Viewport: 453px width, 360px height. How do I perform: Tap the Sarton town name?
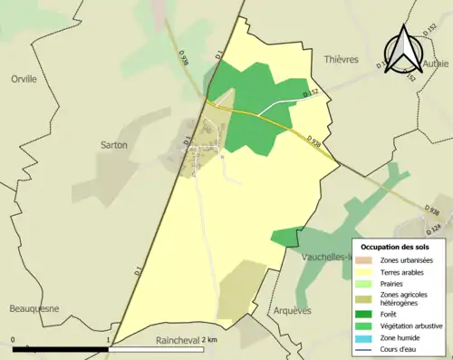pyautogui.click(x=113, y=144)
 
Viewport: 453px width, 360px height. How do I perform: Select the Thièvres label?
pyautogui.click(x=341, y=60)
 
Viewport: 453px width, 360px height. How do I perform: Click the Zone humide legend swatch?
pyautogui.click(x=366, y=336)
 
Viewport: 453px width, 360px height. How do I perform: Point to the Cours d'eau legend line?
pyautogui.click(x=366, y=347)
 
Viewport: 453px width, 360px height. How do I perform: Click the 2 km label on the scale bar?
pyautogui.click(x=209, y=339)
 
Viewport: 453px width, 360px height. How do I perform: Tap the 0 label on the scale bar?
pyautogui.click(x=13, y=339)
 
